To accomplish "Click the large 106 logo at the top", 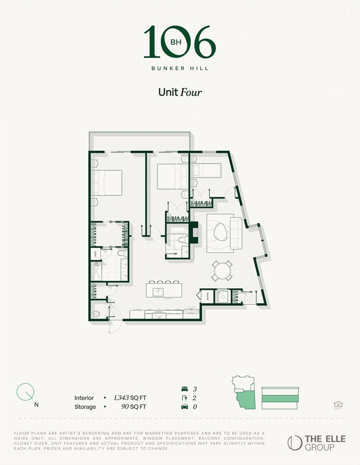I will (179, 42).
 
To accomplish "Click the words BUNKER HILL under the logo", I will (179, 68).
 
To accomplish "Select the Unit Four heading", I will (179, 93).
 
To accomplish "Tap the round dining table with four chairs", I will (222, 270).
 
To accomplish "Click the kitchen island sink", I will (159, 292).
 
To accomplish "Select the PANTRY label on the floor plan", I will (206, 297).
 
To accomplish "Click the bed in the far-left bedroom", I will (107, 182).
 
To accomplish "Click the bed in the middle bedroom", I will (172, 176).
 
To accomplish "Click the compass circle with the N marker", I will (25, 392).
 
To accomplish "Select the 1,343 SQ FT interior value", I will (130, 398).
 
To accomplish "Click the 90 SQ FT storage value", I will (128, 407).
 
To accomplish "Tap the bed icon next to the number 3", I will (184, 388).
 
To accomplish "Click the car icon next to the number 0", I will (184, 407).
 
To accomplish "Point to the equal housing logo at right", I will (338, 404).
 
